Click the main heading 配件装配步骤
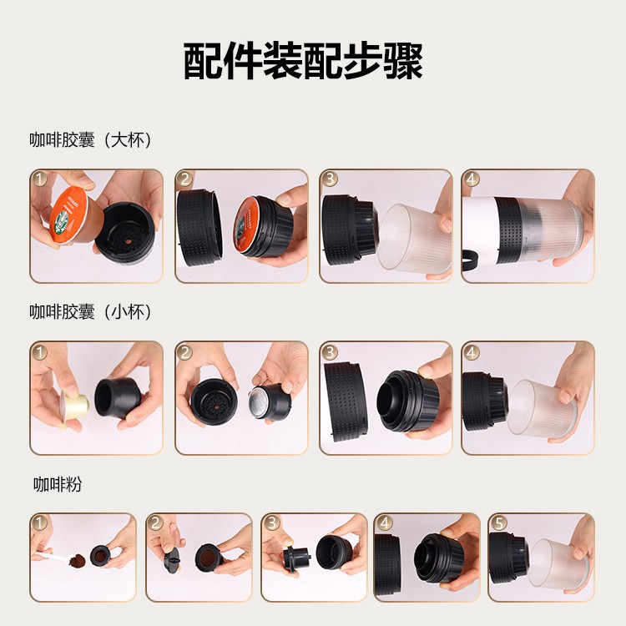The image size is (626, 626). pyautogui.click(x=303, y=61)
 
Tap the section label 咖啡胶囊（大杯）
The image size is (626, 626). pyautogui.click(x=91, y=139)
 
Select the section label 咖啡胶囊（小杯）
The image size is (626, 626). pyautogui.click(x=91, y=311)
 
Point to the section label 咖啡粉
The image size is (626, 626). pyautogui.click(x=58, y=484)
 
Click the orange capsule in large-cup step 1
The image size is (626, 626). pyautogui.click(x=70, y=215)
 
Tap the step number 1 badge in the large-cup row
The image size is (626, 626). pyautogui.click(x=39, y=179)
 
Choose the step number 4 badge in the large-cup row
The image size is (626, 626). pyautogui.click(x=471, y=179)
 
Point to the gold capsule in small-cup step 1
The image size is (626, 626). pyautogui.click(x=74, y=406)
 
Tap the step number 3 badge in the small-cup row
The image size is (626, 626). pyautogui.click(x=329, y=351)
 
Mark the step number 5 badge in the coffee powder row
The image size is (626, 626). pyautogui.click(x=498, y=523)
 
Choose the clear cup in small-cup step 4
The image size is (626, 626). pyautogui.click(x=542, y=408)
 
